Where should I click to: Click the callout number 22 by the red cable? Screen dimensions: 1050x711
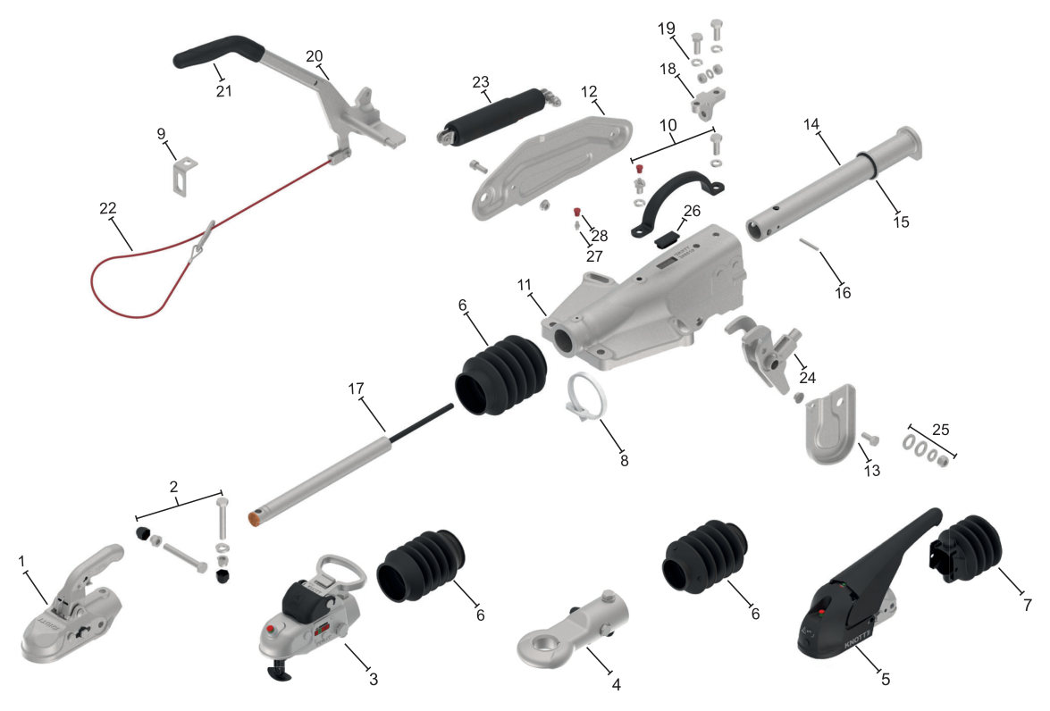pyautogui.click(x=108, y=208)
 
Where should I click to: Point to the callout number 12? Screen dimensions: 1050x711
pyautogui.click(x=589, y=91)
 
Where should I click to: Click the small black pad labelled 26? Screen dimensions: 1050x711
pyautogui.click(x=665, y=238)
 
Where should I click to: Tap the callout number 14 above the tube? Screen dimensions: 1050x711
pyautogui.click(x=811, y=124)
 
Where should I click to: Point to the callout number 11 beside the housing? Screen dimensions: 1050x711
pyautogui.click(x=525, y=285)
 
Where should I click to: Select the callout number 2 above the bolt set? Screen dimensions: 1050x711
pyautogui.click(x=174, y=487)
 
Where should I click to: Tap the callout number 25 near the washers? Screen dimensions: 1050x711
pyautogui.click(x=940, y=429)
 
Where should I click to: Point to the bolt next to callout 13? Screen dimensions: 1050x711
pyautogui.click(x=869, y=439)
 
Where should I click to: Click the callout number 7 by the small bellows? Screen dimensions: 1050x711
pyautogui.click(x=1028, y=605)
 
